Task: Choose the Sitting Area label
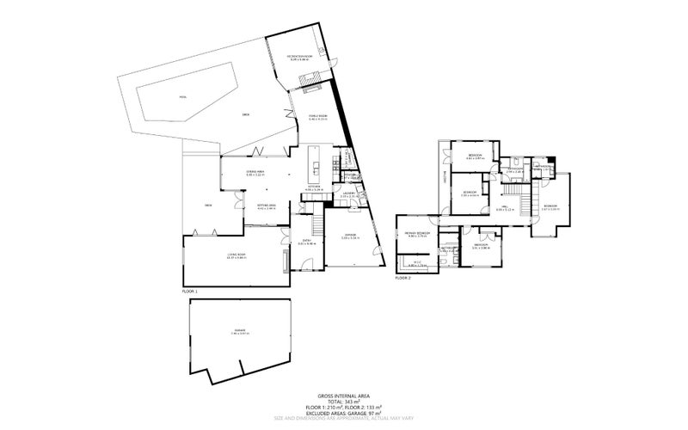tap(266, 206)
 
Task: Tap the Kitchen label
tap(314, 187)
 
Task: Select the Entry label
tap(306, 242)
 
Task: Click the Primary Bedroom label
tap(417, 234)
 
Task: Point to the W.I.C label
tap(416, 263)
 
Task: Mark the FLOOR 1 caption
tap(190, 292)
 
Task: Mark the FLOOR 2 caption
tap(403, 279)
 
